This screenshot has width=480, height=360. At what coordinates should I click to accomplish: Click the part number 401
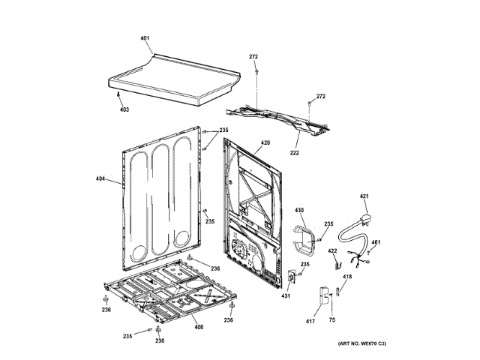145,37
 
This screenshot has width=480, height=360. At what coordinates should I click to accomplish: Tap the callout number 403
124,109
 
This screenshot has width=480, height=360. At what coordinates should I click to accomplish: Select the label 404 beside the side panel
100,178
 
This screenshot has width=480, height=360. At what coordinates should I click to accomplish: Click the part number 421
364,196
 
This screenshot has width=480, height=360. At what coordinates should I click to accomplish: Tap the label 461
375,241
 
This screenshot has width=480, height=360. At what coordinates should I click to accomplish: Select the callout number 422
331,250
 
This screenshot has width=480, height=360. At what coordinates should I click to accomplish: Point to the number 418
347,277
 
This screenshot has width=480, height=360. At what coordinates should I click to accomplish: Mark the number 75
331,321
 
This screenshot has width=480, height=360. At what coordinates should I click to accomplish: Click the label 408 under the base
199,327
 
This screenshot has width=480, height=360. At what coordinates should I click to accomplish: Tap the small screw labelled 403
119,94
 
